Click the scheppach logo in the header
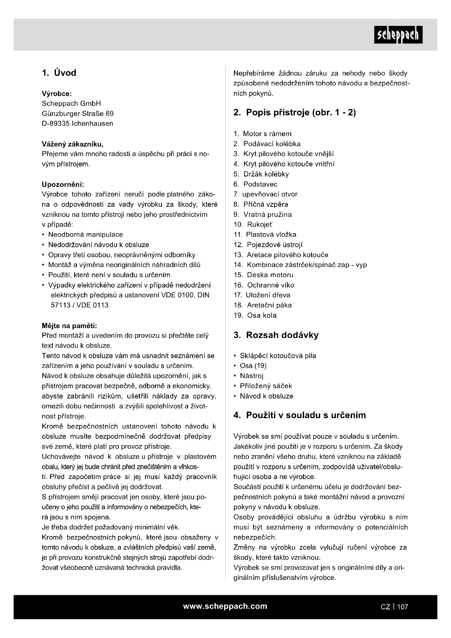[x=398, y=35]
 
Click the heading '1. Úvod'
[x=59, y=73]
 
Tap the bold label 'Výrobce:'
[x=57, y=94]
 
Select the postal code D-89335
[x=56, y=124]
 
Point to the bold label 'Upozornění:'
[x=63, y=184]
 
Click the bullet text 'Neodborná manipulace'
[x=86, y=235]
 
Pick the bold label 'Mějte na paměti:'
[x=69, y=325]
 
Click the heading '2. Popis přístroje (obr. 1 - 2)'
[x=295, y=113]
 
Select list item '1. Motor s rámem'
[x=262, y=134]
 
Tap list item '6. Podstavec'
[x=255, y=184]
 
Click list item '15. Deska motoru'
[x=263, y=275]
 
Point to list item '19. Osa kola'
[x=255, y=315]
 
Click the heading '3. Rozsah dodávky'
[x=276, y=335]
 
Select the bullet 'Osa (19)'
[x=253, y=366]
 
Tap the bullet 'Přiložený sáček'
[x=266, y=386]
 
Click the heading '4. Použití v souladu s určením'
[x=300, y=415]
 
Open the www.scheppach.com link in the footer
[x=225, y=606]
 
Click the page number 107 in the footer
[x=402, y=607]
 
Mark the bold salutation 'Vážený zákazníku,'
[x=73, y=144]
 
